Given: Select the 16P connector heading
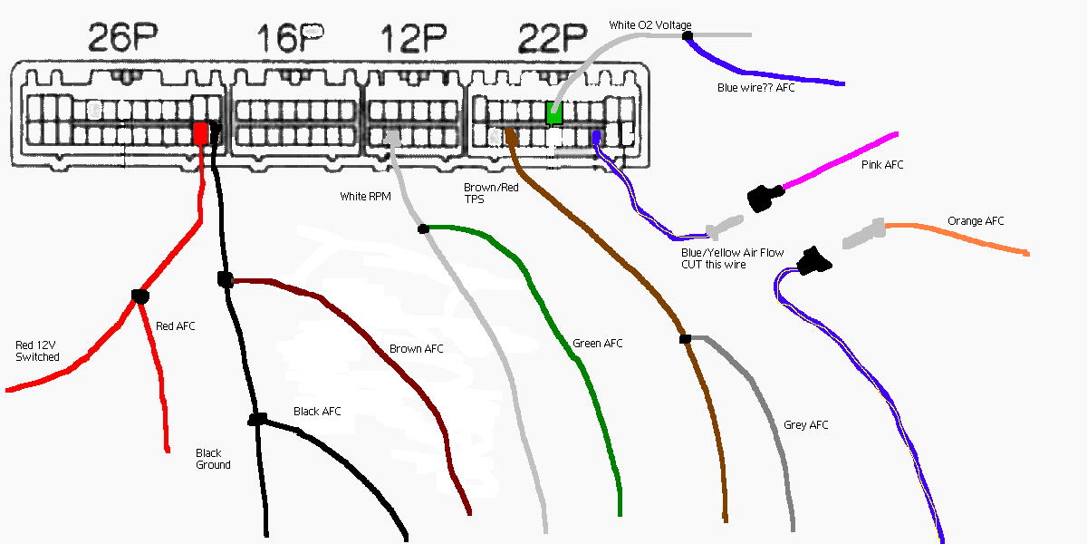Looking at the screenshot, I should (291, 38).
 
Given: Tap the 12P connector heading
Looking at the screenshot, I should (413, 38).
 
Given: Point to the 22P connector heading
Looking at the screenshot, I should (552, 38).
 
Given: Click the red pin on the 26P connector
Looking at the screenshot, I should (200, 134).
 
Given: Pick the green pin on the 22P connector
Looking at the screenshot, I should (554, 114).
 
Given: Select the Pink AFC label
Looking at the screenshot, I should (881, 165).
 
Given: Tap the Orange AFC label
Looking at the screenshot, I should (976, 221).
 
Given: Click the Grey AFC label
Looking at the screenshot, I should (805, 425).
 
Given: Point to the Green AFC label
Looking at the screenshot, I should (597, 344).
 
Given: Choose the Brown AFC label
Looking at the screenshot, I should (416, 349).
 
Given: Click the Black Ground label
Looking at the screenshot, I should (213, 459).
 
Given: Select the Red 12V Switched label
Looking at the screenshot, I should (38, 351).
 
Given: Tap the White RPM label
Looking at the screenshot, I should (365, 196).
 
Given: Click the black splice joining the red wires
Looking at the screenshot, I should (139, 296).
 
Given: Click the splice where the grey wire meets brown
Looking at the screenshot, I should (685, 339).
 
